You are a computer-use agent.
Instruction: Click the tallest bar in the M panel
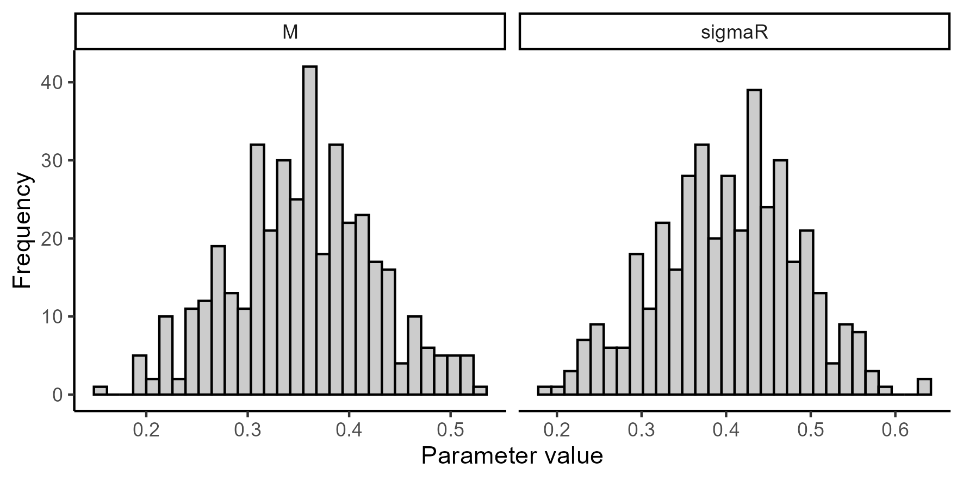[x=310, y=230]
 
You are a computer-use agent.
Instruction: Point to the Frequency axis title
[x=23, y=230]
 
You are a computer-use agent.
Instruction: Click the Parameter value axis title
[x=512, y=456]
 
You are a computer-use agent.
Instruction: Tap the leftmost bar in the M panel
[x=100, y=391]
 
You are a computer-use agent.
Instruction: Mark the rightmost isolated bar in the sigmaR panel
[x=924, y=387]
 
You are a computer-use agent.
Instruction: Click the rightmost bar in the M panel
[x=480, y=391]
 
